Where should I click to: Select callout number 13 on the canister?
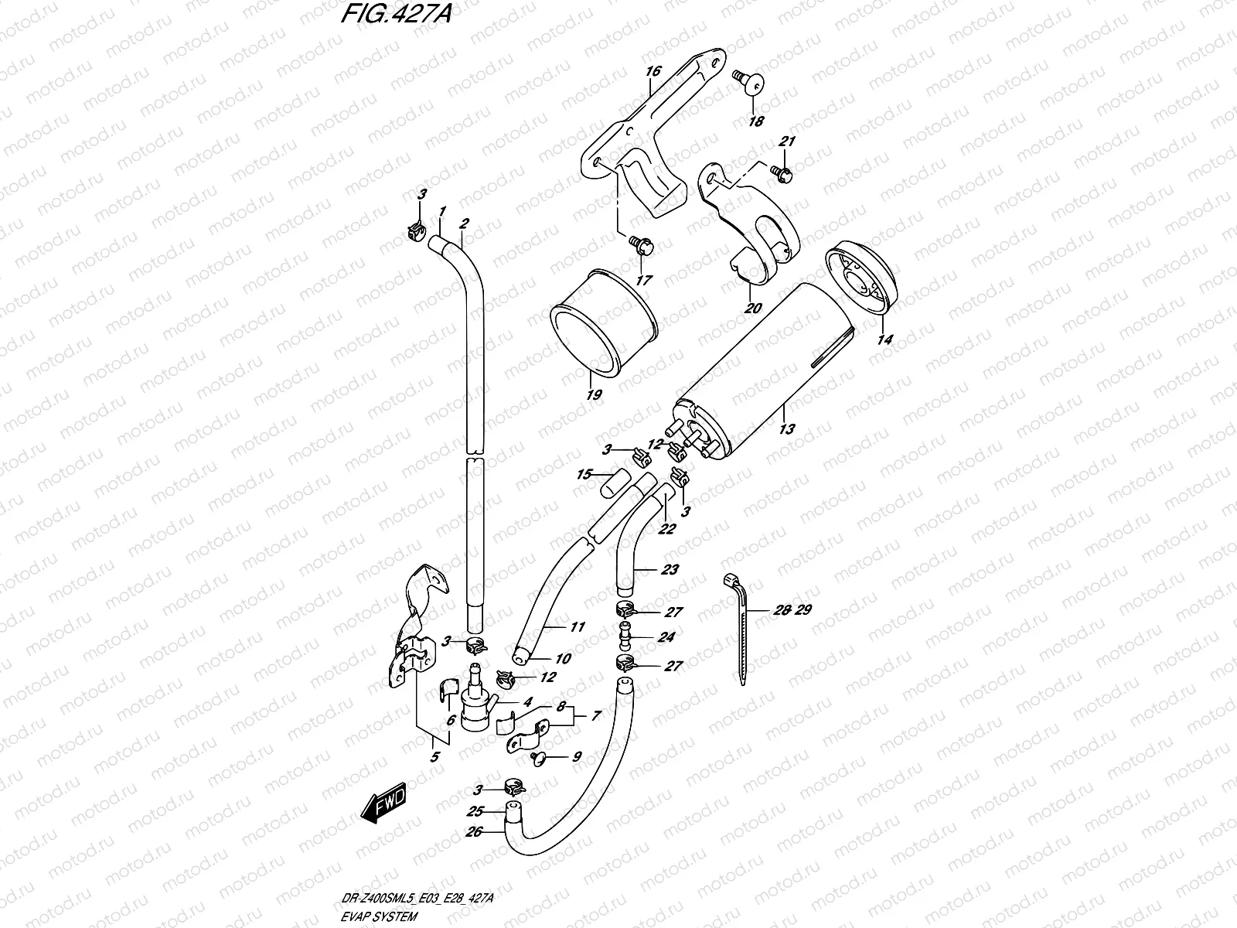pyautogui.click(x=785, y=428)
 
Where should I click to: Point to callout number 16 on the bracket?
pyautogui.click(x=653, y=72)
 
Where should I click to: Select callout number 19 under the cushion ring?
pyautogui.click(x=594, y=394)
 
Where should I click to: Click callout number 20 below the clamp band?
pyautogui.click(x=753, y=308)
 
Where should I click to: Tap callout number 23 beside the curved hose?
pyautogui.click(x=670, y=570)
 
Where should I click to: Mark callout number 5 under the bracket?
pyautogui.click(x=435, y=757)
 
